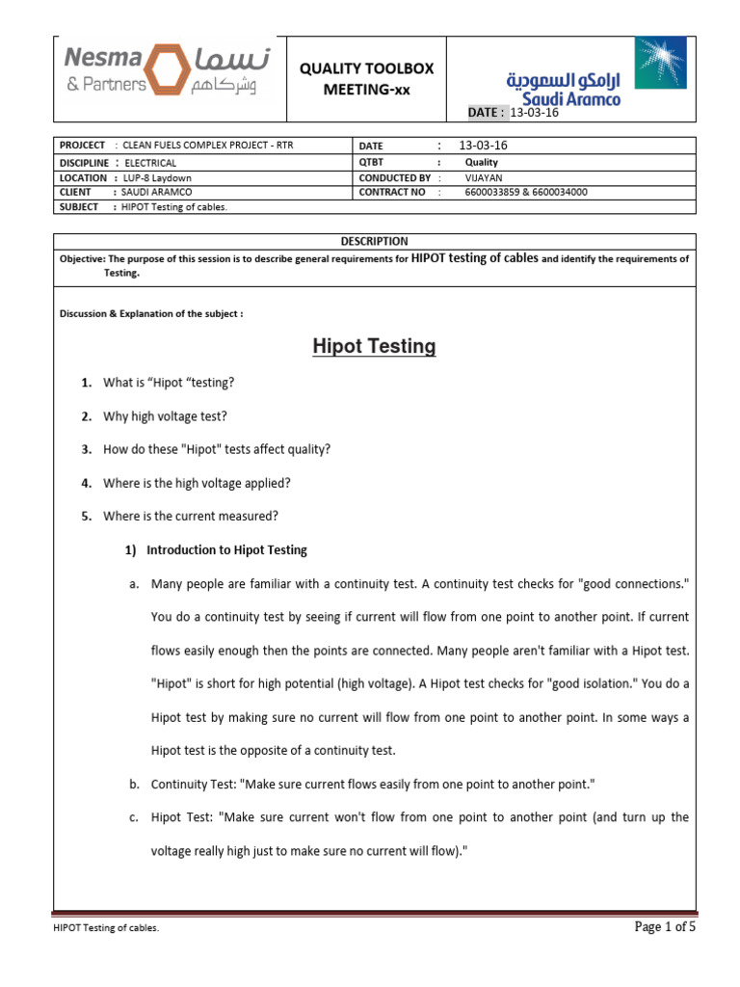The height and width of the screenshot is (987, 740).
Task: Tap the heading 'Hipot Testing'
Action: point(374,346)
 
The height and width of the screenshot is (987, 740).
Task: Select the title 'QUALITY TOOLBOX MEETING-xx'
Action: point(366,79)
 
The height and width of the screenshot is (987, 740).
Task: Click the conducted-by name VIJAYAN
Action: point(483,177)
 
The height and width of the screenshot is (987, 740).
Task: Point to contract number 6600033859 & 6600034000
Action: point(525,192)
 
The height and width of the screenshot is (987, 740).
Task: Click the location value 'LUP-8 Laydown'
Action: point(157,177)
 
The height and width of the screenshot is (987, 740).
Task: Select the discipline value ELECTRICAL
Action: point(150,163)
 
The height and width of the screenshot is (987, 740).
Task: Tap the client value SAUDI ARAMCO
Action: point(156,192)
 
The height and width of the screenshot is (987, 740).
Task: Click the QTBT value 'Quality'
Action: point(481,163)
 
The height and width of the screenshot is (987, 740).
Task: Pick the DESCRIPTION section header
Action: point(374,241)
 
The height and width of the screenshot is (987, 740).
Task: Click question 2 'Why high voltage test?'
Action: point(165,415)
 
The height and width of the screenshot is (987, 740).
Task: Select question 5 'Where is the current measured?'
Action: point(191,516)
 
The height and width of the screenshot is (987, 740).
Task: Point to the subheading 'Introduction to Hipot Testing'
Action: point(226,549)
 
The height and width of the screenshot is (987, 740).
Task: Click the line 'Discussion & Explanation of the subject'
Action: point(151,314)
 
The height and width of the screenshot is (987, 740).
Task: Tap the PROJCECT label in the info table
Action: point(82,145)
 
